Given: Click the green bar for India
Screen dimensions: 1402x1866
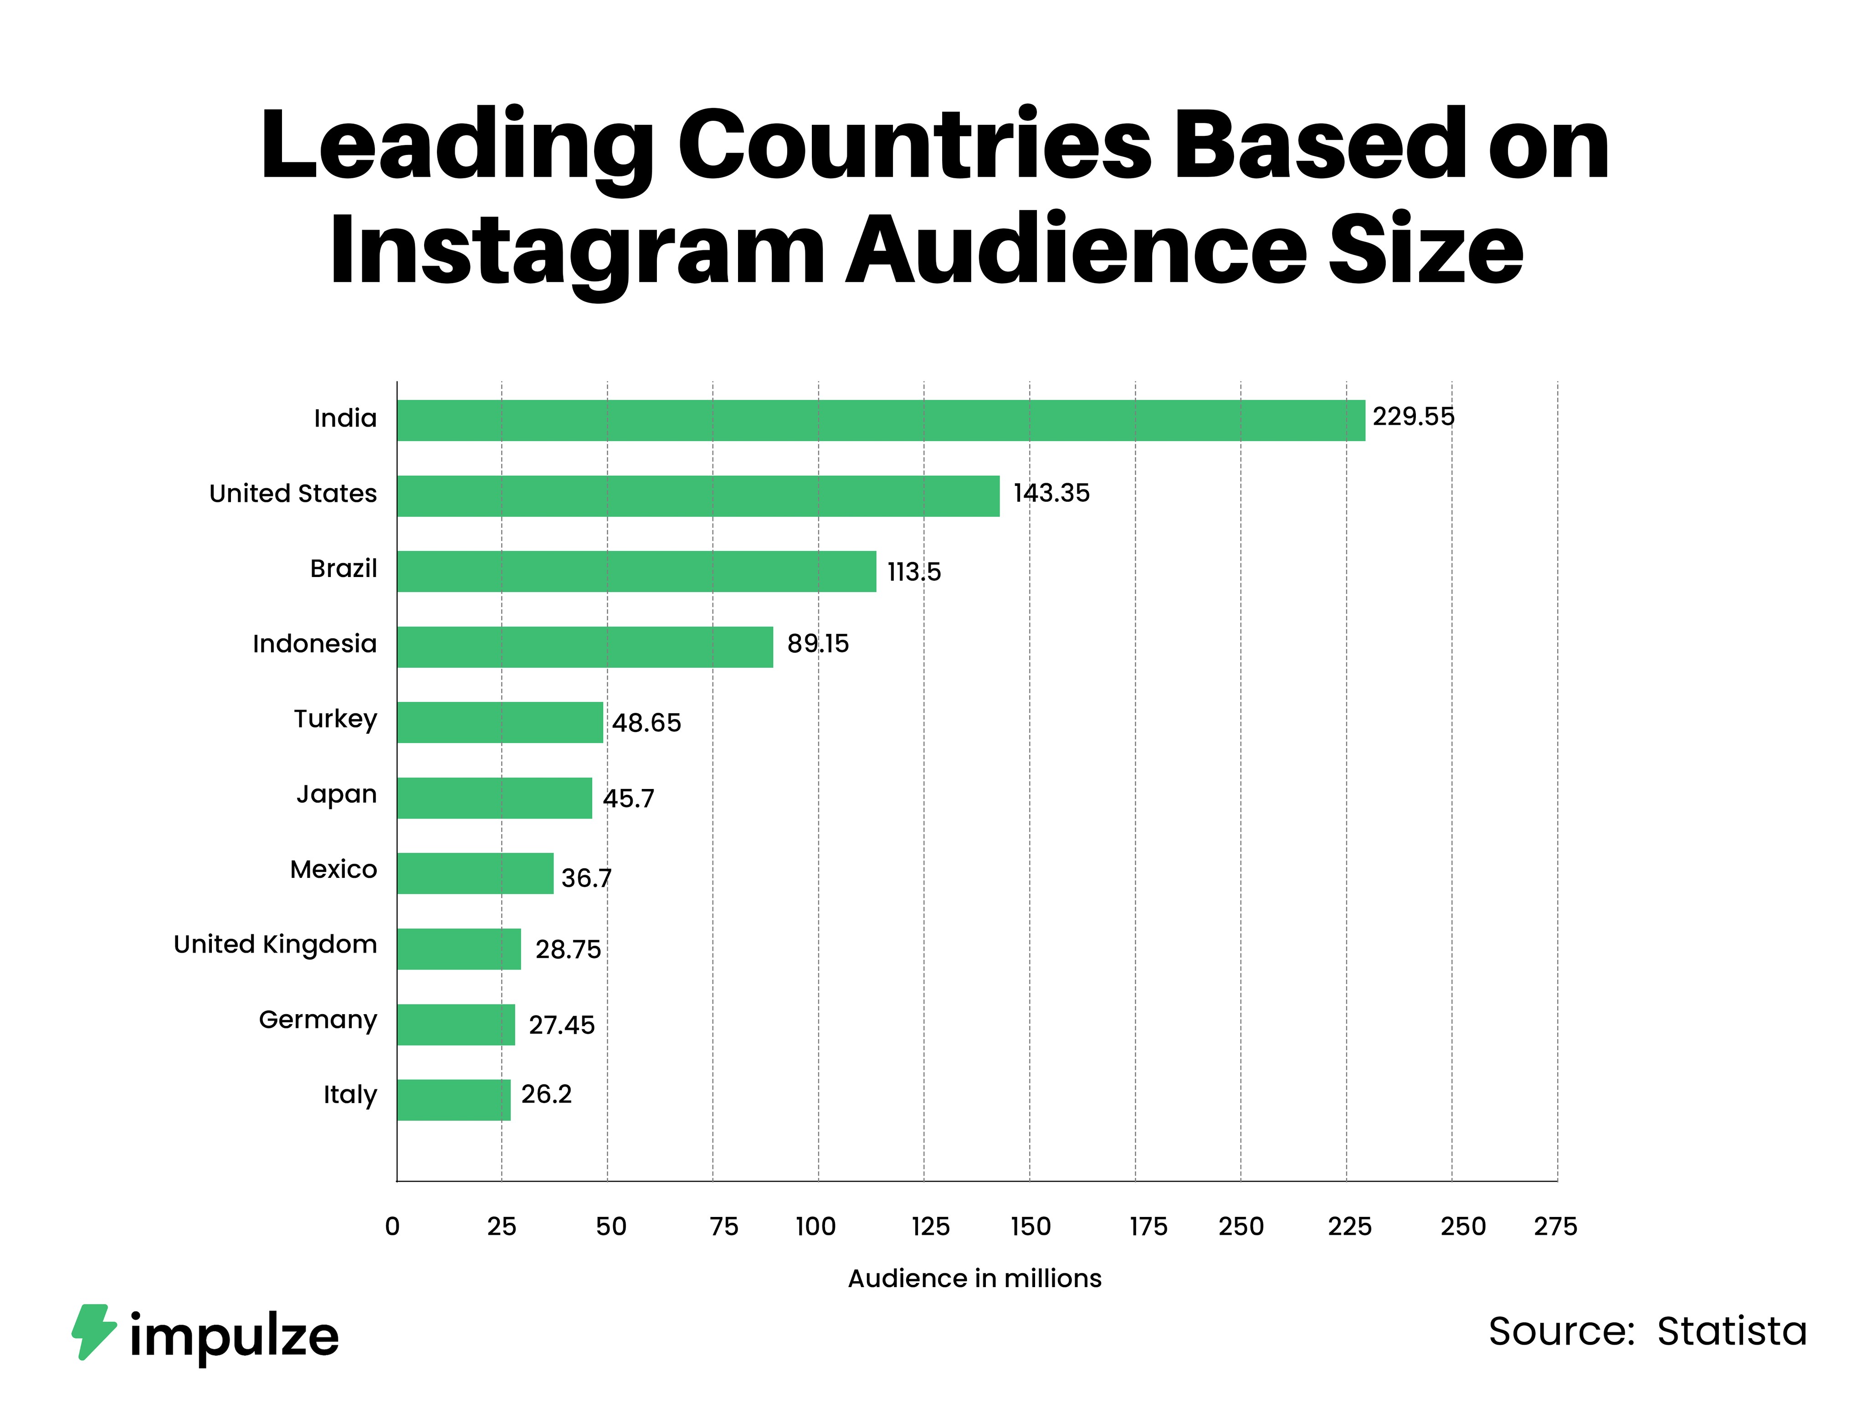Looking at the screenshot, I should (x=881, y=420).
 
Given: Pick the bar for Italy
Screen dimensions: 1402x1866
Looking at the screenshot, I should (x=454, y=1100).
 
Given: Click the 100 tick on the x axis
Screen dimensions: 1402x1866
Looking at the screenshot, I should (x=816, y=1227).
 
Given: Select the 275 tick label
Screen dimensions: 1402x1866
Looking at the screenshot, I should (x=1555, y=1227).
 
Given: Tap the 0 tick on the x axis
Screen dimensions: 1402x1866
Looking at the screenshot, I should (x=392, y=1227).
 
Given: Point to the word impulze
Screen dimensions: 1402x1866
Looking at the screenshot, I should (x=234, y=1337).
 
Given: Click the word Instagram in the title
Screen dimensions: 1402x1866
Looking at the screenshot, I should (x=577, y=251).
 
